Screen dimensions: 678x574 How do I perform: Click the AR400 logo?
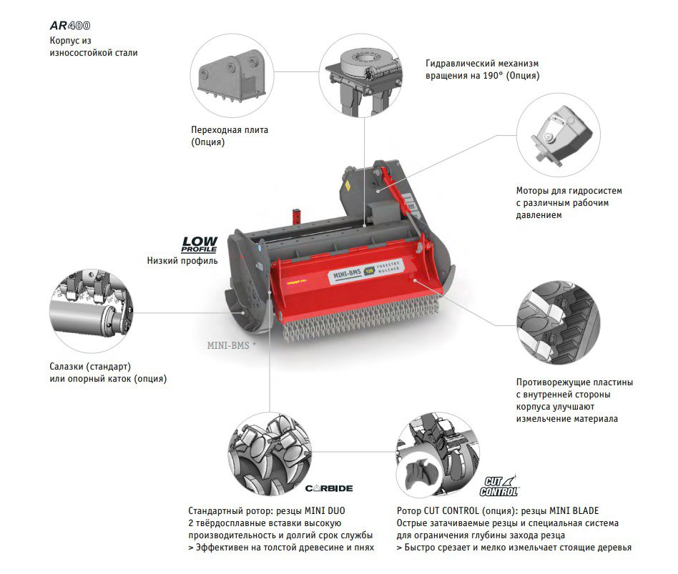pyautogui.click(x=70, y=26)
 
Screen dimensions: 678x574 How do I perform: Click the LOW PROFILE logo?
pyautogui.click(x=200, y=244)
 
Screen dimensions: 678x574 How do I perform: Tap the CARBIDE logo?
pyautogui.click(x=329, y=488)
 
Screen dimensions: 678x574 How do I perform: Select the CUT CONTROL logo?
pyautogui.click(x=498, y=486)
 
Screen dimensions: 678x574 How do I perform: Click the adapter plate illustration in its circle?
pyautogui.click(x=232, y=76)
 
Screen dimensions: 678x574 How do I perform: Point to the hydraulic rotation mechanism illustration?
pyautogui.click(x=361, y=76)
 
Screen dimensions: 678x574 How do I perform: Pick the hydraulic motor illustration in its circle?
pyautogui.click(x=559, y=135)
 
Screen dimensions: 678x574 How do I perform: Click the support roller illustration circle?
pyautogui.click(x=92, y=311)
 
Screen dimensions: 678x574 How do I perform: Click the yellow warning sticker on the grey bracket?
pyautogui.click(x=347, y=186)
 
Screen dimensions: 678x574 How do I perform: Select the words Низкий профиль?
pyautogui.click(x=182, y=260)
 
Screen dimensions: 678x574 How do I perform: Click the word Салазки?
pyautogui.click(x=67, y=367)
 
